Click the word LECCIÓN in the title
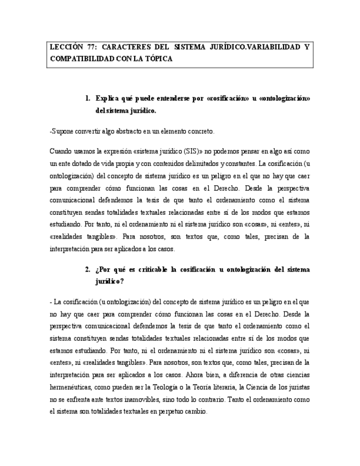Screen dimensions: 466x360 [65, 47]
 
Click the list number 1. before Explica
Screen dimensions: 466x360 [88, 99]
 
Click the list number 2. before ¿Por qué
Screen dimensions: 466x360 [88, 269]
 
